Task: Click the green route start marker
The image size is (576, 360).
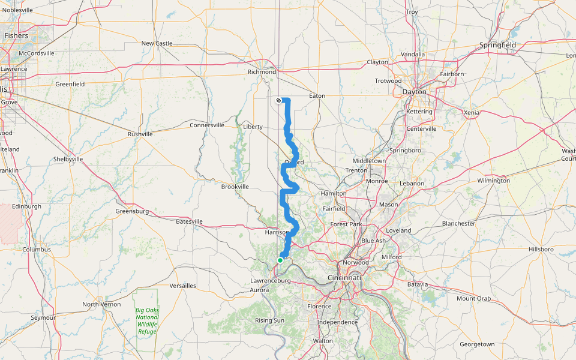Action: [280, 260]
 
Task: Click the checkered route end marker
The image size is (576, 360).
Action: [278, 100]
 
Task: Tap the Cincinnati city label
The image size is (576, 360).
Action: [344, 278]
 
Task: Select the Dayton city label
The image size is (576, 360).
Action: [415, 92]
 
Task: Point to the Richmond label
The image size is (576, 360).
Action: [262, 72]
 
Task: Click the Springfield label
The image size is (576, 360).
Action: [498, 45]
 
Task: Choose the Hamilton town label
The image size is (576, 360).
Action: [334, 194]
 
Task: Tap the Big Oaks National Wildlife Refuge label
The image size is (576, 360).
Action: [146, 320]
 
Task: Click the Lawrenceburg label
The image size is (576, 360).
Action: [270, 280]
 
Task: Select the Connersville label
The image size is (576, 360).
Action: [207, 125]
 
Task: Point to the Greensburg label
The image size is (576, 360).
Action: [131, 211]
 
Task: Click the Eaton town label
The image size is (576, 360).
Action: [316, 95]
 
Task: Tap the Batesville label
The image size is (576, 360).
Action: [190, 221]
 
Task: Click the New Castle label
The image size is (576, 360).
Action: [157, 43]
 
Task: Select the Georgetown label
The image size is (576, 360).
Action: [477, 344]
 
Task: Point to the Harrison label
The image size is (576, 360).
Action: [277, 232]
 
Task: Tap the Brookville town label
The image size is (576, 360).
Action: [235, 187]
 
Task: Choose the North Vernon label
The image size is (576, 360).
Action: [101, 304]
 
